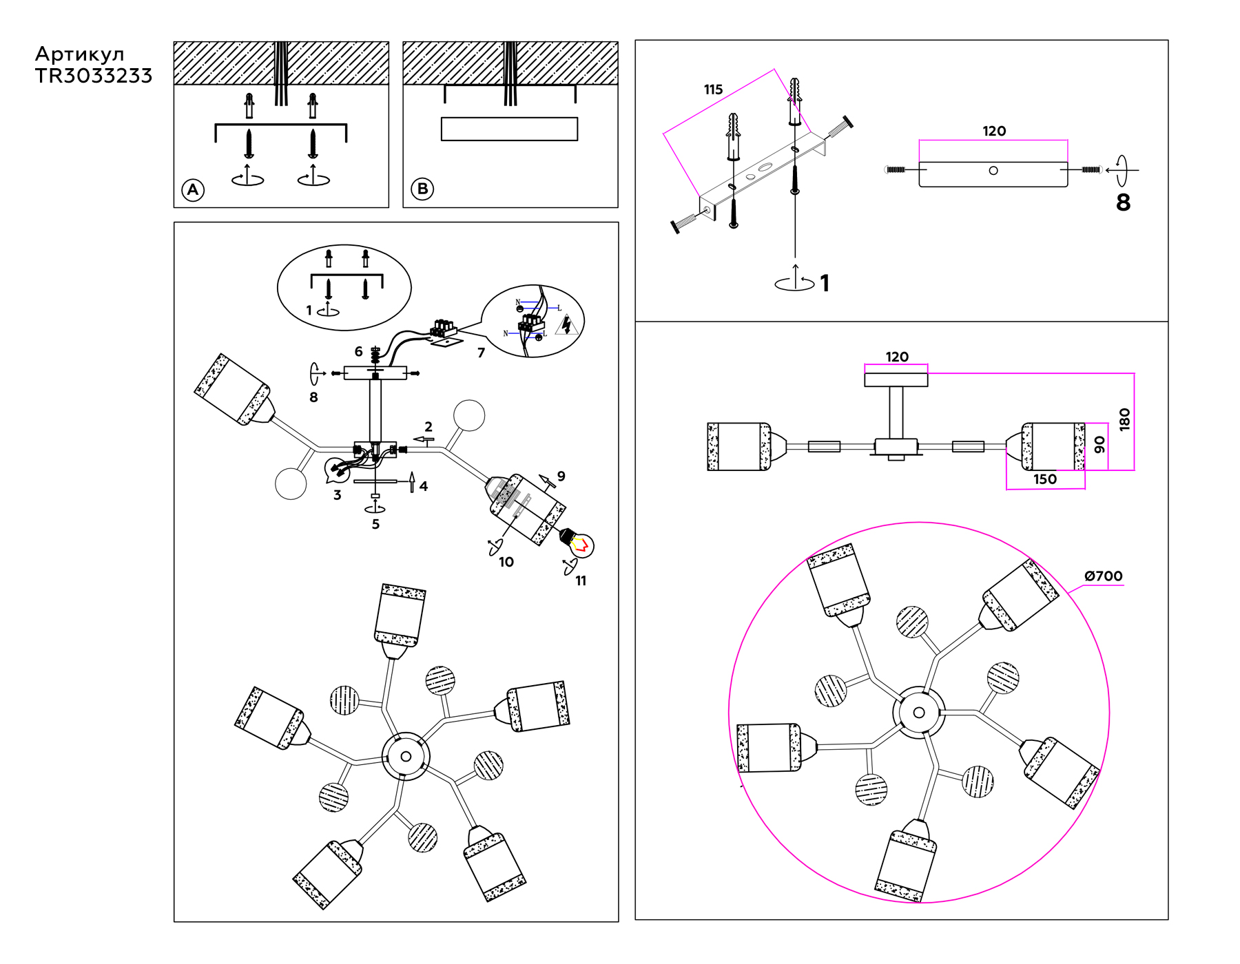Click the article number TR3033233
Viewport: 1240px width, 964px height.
point(94,76)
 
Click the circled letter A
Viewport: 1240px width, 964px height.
point(193,190)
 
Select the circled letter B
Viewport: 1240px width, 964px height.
point(422,189)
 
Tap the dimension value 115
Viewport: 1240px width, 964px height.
point(713,90)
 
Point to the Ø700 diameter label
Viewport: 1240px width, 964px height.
point(1103,576)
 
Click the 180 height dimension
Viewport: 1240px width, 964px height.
point(1124,419)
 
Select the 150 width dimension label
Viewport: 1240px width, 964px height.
point(1044,479)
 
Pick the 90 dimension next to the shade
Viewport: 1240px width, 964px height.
point(1099,445)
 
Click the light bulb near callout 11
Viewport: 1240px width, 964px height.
point(580,544)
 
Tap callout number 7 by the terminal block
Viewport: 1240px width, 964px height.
point(481,353)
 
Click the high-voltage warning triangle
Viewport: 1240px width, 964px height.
point(566,324)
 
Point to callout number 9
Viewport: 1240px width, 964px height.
point(561,476)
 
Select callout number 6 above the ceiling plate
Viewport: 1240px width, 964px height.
point(358,351)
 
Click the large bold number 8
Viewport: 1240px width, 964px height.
point(1123,202)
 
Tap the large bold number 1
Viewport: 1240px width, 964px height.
point(825,283)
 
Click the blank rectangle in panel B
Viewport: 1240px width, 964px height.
point(509,129)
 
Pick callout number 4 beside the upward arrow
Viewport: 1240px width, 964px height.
point(424,486)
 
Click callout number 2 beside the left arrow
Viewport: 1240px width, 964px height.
point(428,427)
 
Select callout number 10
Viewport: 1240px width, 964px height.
point(506,562)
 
